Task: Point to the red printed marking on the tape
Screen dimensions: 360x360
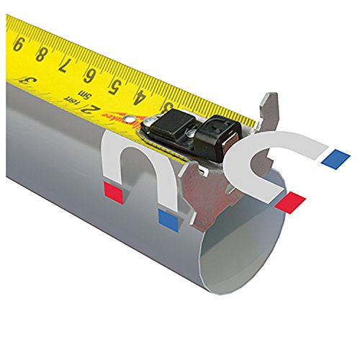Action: pos(114,117)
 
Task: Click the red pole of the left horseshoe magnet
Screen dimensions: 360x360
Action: pos(113,191)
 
